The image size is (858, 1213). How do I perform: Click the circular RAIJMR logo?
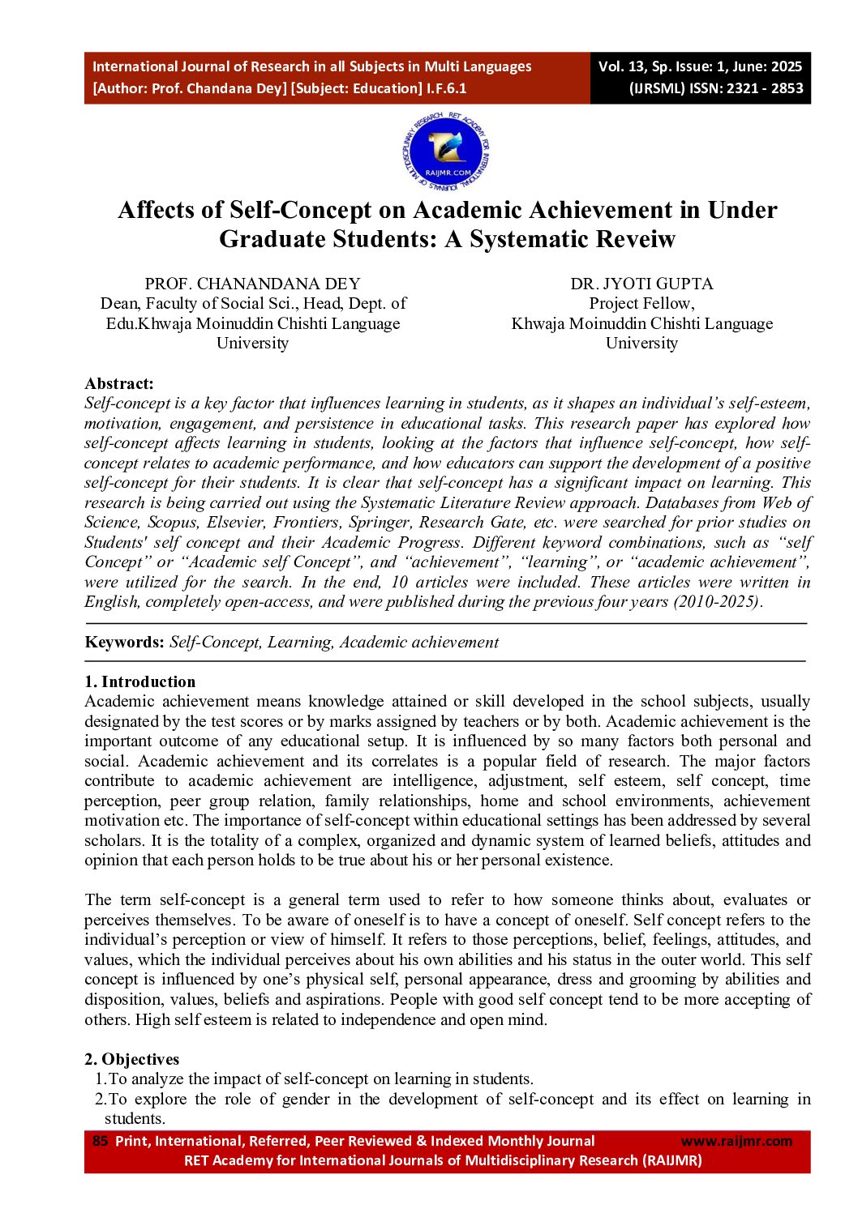[x=446, y=152]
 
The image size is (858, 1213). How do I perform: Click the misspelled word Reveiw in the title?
[x=637, y=239]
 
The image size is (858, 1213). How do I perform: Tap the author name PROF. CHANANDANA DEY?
[x=252, y=284]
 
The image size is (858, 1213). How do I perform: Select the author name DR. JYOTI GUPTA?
[x=641, y=284]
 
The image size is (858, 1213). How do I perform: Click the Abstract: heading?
[x=119, y=384]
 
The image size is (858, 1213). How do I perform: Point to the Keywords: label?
[x=124, y=643]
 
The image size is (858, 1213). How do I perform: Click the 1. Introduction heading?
[x=140, y=681]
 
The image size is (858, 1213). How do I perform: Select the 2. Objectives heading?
[x=132, y=1059]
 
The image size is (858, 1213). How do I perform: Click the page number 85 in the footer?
[x=100, y=1141]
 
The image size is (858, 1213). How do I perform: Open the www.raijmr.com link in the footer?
[x=736, y=1141]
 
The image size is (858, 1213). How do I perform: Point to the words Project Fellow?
[x=641, y=304]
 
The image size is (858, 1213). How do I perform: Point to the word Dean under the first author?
[x=118, y=304]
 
